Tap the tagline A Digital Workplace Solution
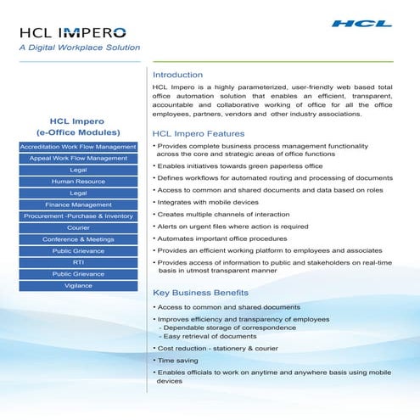click(x=79, y=48)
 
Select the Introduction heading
click(x=177, y=75)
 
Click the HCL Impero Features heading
click(x=198, y=134)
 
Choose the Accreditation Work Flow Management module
click(x=78, y=147)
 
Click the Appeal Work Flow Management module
click(x=78, y=159)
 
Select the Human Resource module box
click(x=78, y=182)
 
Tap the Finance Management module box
click(x=78, y=204)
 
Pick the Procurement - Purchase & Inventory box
click(x=78, y=216)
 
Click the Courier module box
click(x=78, y=228)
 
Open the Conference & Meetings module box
click(x=78, y=239)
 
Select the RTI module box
click(x=78, y=262)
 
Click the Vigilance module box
click(x=78, y=286)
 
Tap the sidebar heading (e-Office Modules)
click(x=78, y=132)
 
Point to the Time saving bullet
click(x=179, y=361)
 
